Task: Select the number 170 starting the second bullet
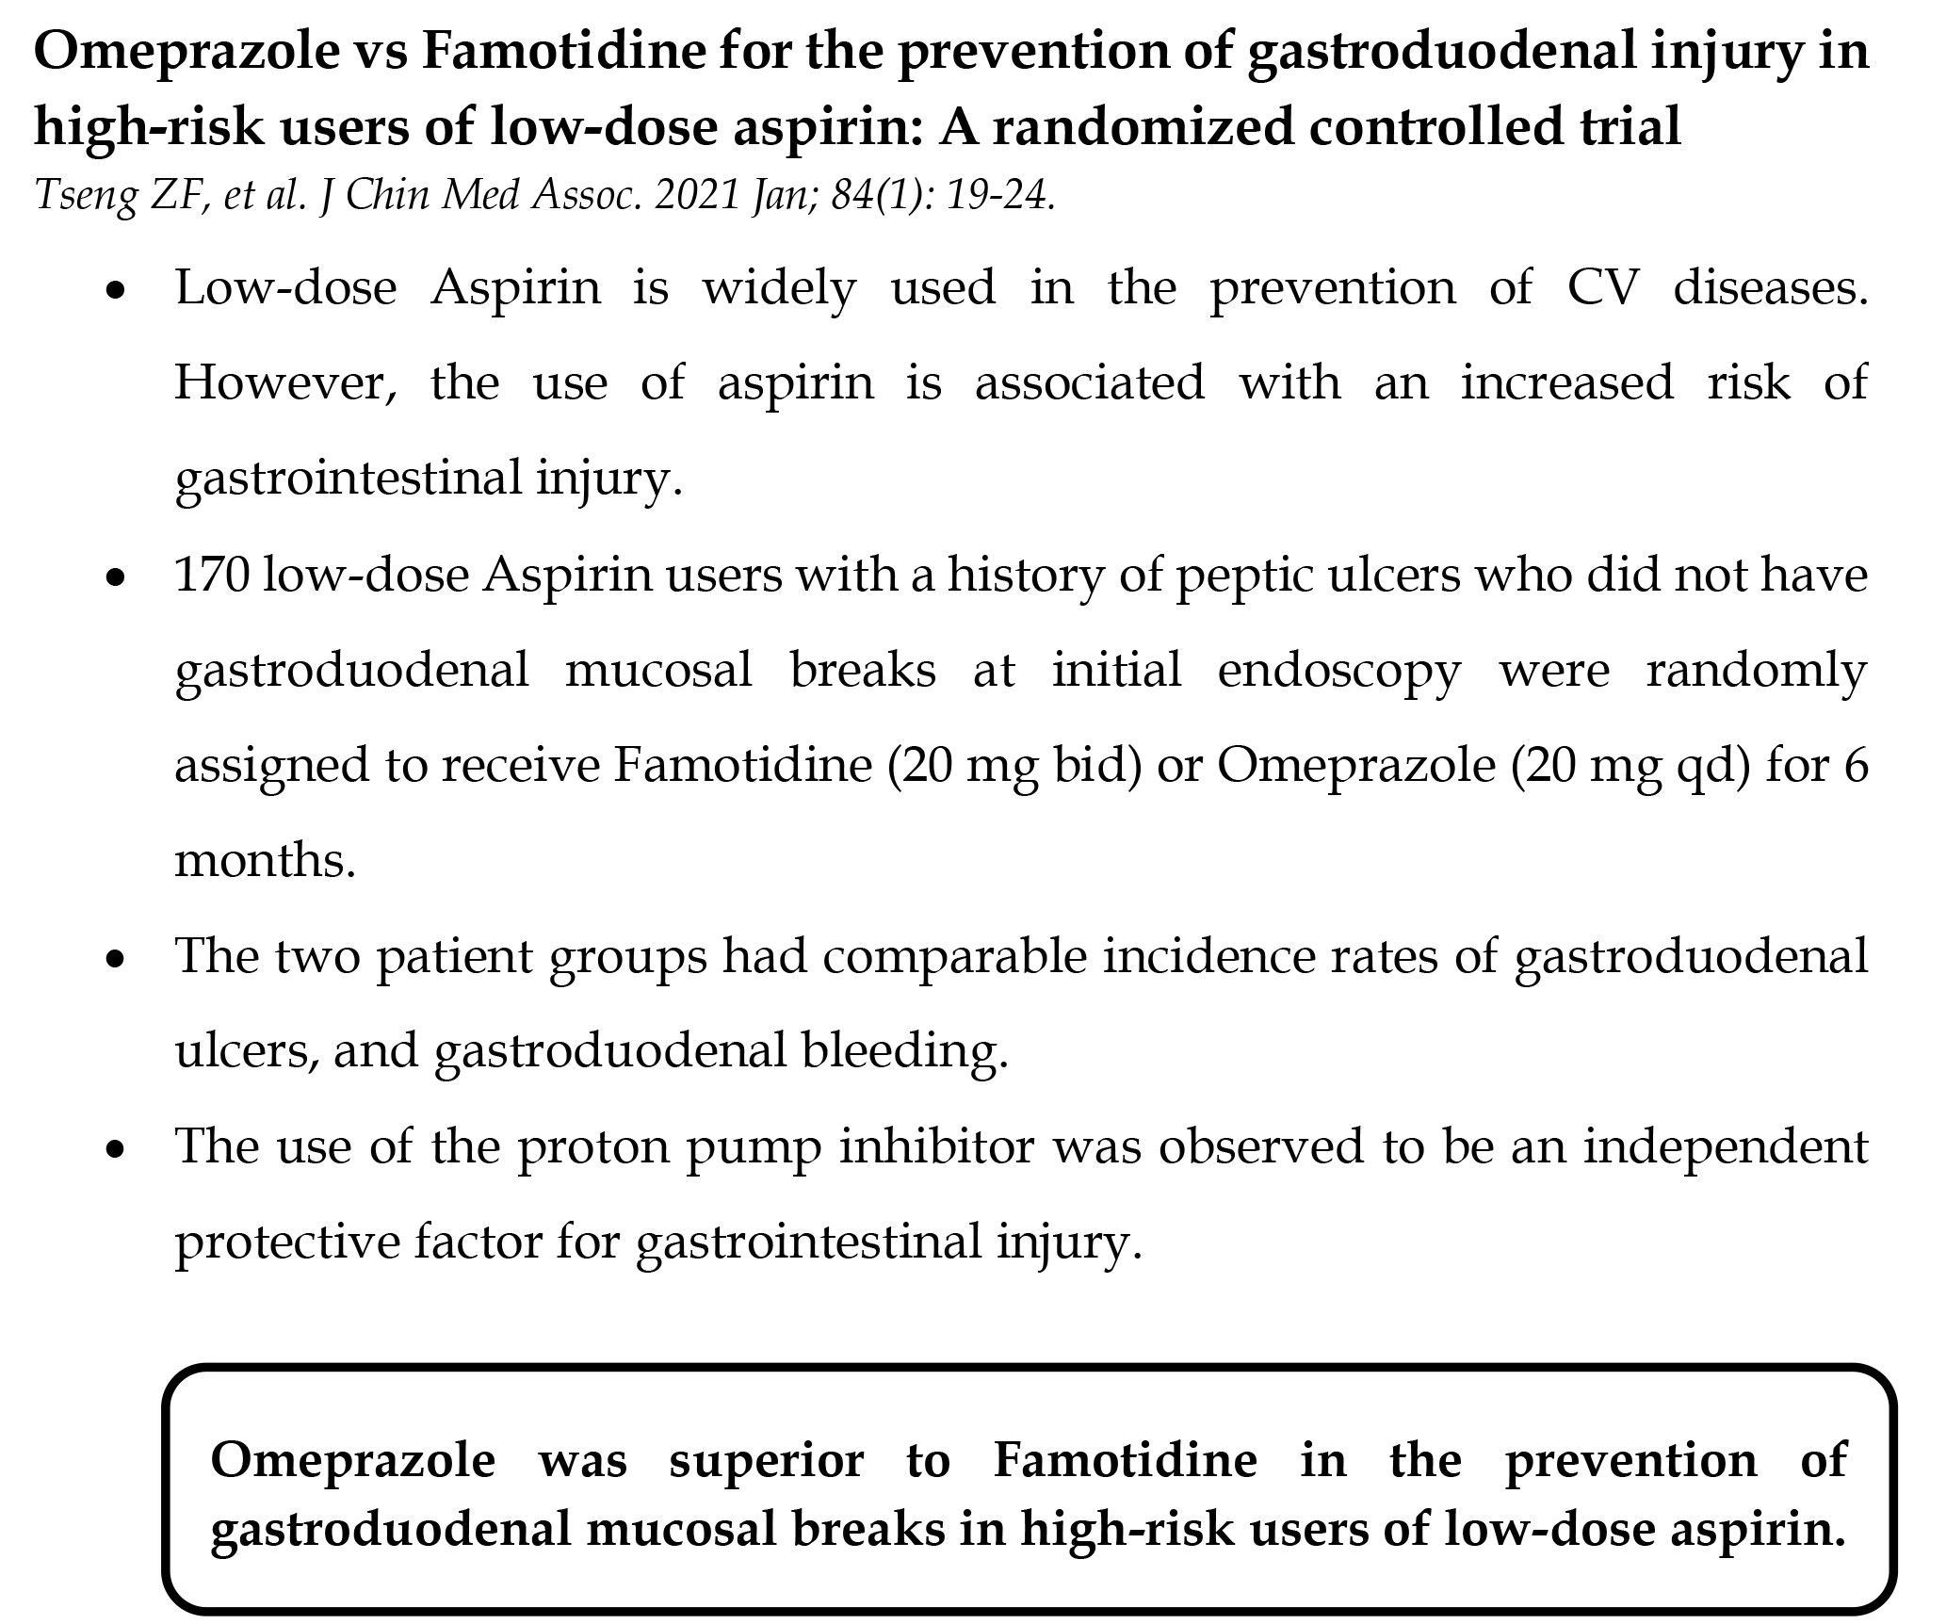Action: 212,575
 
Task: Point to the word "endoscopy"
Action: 1338,671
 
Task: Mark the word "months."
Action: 266,860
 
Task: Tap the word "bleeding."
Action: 905,1051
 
